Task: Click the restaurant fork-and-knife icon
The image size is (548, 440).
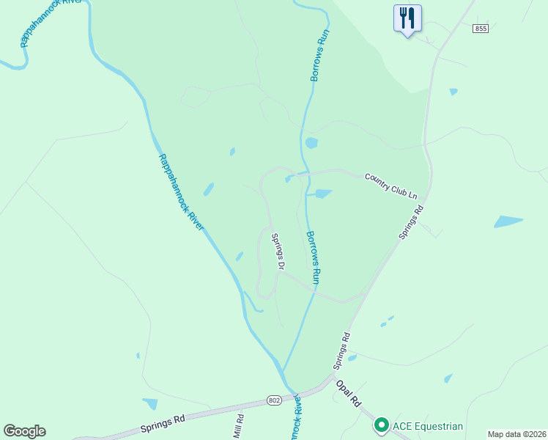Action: [x=408, y=18]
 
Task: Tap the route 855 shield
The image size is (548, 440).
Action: [x=480, y=29]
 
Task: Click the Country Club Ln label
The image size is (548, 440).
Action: [x=391, y=186]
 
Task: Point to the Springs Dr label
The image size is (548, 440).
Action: [x=278, y=251]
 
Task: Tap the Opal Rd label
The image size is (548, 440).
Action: [x=349, y=394]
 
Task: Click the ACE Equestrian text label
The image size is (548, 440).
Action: [x=428, y=425]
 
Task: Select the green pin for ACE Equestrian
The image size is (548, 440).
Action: [x=381, y=425]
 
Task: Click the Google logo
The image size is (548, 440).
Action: [x=24, y=431]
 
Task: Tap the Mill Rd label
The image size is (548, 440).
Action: [x=238, y=427]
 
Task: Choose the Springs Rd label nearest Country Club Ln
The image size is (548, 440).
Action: [x=410, y=222]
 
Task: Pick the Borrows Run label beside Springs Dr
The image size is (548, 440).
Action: [x=313, y=257]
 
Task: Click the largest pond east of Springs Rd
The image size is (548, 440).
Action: [x=508, y=221]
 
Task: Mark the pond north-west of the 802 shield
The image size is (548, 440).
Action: [x=150, y=403]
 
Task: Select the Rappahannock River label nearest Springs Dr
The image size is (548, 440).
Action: [x=181, y=192]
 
